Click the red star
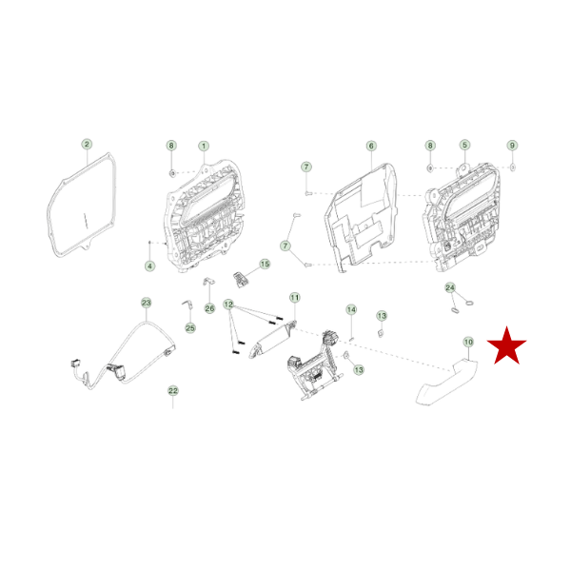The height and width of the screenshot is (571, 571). [506, 346]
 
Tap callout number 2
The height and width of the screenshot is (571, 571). [87, 145]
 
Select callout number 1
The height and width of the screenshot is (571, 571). [204, 146]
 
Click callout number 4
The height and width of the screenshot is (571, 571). [149, 266]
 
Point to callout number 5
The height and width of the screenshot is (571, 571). [464, 145]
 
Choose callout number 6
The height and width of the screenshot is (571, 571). [371, 146]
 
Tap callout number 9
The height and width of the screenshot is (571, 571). [512, 146]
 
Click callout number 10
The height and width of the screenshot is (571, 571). [468, 342]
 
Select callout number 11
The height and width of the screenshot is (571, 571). [295, 298]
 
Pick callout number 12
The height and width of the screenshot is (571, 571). [228, 305]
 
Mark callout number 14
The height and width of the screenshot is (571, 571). [351, 309]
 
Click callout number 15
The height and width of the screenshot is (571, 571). [265, 264]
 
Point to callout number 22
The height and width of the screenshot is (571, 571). [173, 391]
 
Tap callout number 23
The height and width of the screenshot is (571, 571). [146, 303]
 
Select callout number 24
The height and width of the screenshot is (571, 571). [450, 287]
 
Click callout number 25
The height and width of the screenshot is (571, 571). [190, 328]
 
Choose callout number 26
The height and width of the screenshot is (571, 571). [209, 308]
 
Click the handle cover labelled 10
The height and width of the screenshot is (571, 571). [446, 382]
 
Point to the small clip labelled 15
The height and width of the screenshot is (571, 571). [240, 279]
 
